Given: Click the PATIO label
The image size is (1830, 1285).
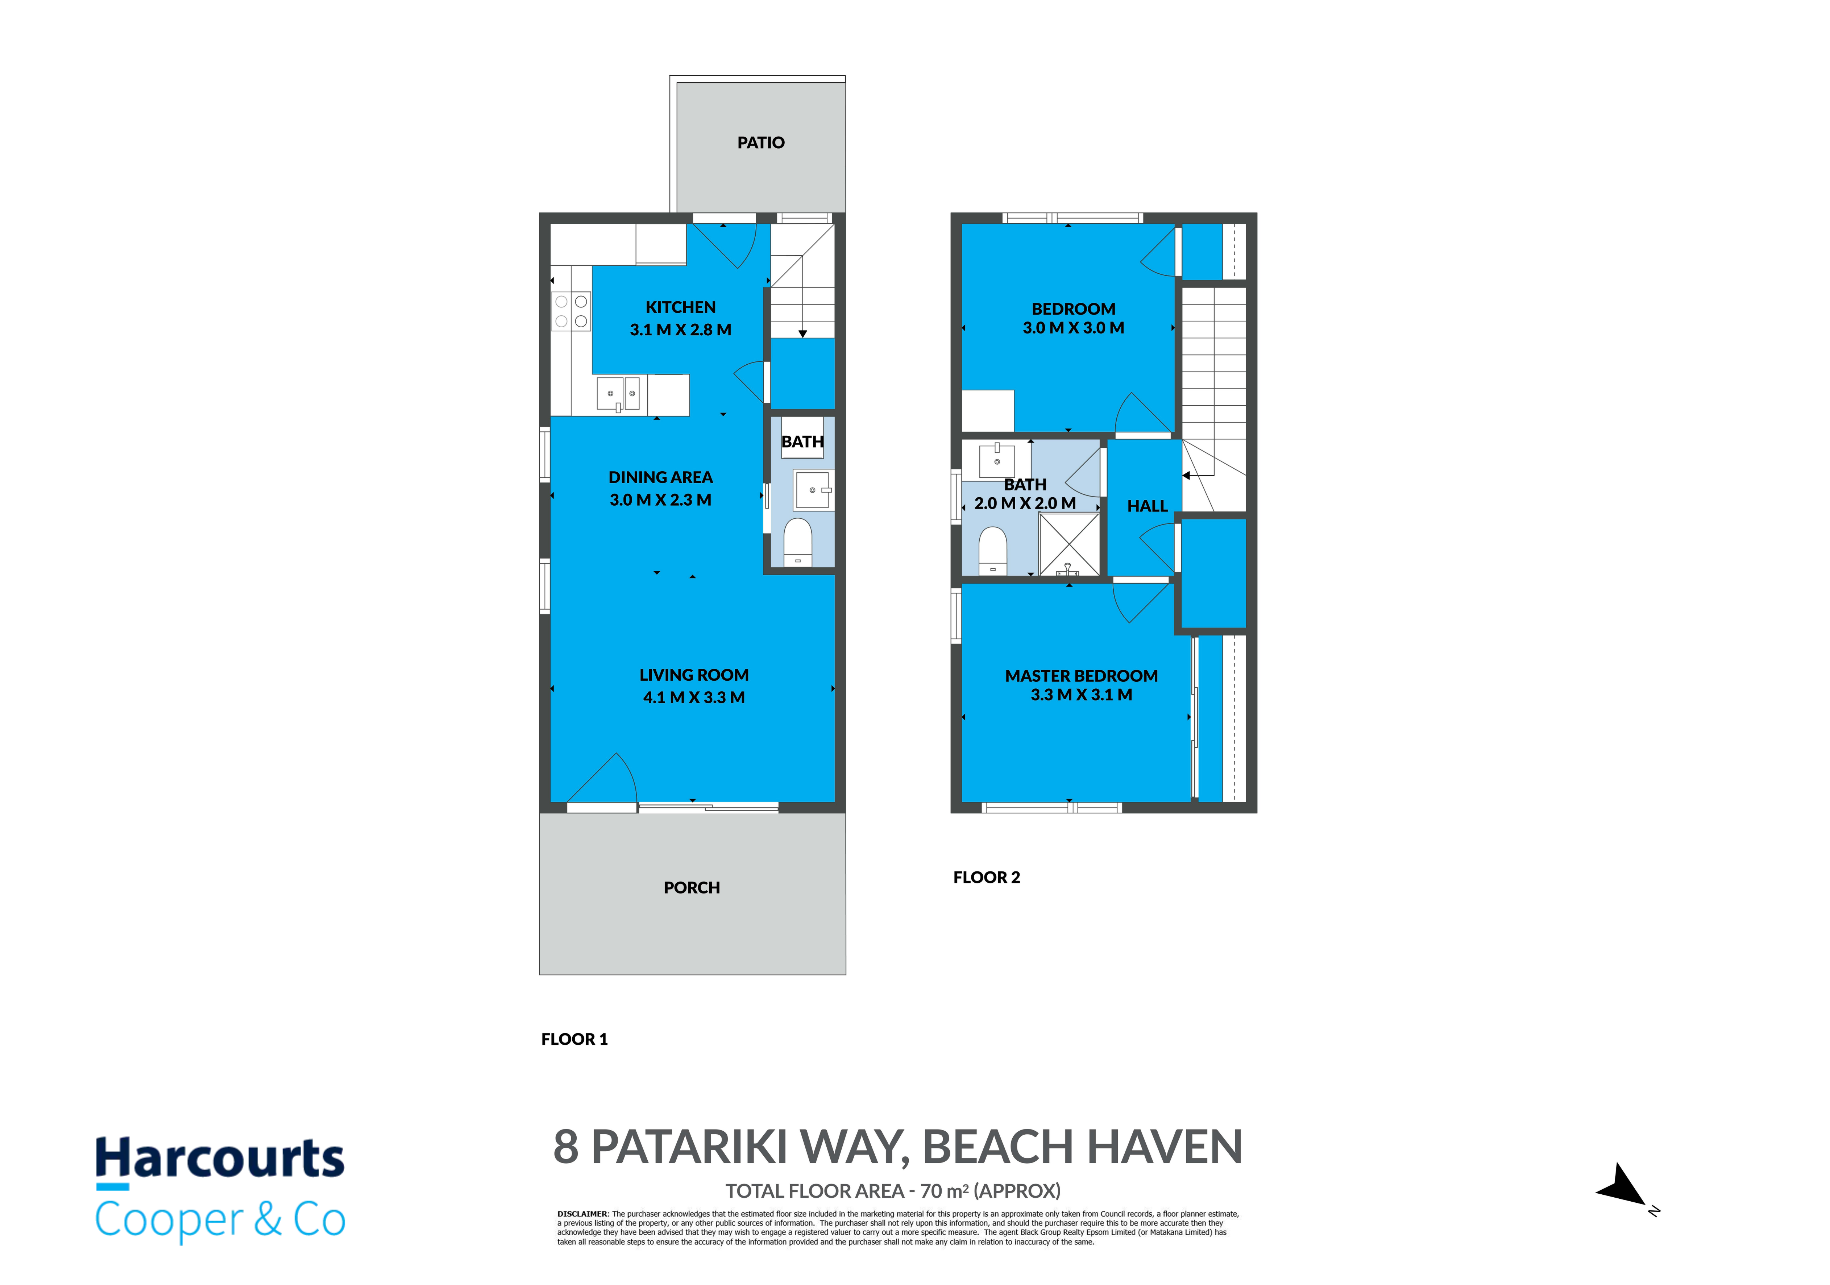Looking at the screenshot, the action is pos(760,143).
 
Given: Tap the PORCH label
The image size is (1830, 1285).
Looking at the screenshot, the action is pos(692,887).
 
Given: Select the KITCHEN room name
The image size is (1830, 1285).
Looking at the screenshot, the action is pos(681,307).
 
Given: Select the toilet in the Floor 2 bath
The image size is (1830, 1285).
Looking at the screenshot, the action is pos(992,550).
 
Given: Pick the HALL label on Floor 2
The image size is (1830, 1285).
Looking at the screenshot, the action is pos(1147,506).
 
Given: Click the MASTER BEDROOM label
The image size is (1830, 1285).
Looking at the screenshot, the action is pos(1081,676).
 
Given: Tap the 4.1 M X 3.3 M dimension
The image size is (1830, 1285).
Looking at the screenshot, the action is pos(693,697).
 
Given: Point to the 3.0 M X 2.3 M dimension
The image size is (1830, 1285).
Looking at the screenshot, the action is pos(660,500).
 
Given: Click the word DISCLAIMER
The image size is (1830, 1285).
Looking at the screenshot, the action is pos(582,1214).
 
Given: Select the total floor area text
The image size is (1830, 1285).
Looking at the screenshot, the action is pos(893,1191).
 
